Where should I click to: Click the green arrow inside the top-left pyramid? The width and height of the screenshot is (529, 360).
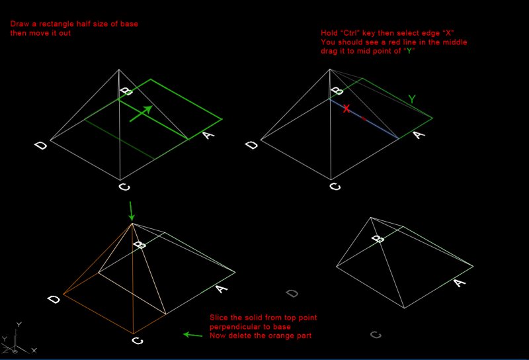pyautogui.click(x=141, y=113)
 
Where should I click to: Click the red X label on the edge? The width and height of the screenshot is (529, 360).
pyautogui.click(x=346, y=109)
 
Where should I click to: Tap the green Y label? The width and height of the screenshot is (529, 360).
pyautogui.click(x=412, y=99)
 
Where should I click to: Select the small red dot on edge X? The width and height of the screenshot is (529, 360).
pyautogui.click(x=364, y=118)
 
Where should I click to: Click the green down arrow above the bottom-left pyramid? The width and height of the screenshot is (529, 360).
pyautogui.click(x=132, y=211)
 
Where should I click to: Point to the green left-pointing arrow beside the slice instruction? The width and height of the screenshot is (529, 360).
pyautogui.click(x=192, y=335)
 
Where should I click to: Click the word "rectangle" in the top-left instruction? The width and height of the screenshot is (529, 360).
pyautogui.click(x=56, y=24)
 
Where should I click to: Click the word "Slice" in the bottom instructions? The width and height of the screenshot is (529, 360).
pyautogui.click(x=218, y=318)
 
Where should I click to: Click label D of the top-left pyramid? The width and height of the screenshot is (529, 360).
pyautogui.click(x=41, y=146)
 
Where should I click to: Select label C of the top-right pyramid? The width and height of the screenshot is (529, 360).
pyautogui.click(x=335, y=186)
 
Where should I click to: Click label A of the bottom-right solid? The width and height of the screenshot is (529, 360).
pyautogui.click(x=460, y=282)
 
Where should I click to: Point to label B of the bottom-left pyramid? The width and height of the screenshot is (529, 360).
pyautogui.click(x=140, y=244)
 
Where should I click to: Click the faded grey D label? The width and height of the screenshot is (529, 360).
pyautogui.click(x=292, y=293)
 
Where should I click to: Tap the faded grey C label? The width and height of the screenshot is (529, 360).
pyautogui.click(x=376, y=335)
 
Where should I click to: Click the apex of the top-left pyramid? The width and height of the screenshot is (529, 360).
pyautogui.click(x=119, y=69)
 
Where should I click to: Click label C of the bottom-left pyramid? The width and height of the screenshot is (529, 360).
pyautogui.click(x=138, y=340)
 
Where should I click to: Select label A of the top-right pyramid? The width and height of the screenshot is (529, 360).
pyautogui.click(x=419, y=135)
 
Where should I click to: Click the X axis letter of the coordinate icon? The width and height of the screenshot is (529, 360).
pyautogui.click(x=34, y=351)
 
